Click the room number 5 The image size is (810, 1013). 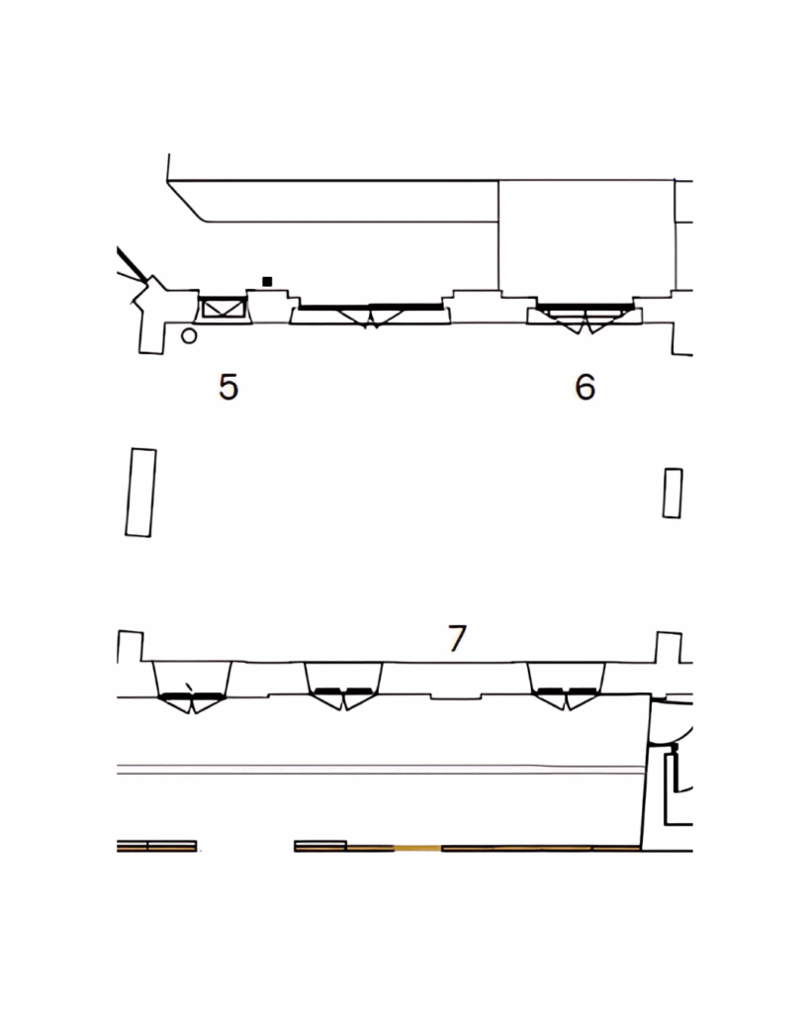pos(228,387)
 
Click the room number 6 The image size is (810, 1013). pos(585,387)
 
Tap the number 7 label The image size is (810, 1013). pos(457,638)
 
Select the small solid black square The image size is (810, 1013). pos(267,281)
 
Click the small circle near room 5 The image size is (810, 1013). pos(189,336)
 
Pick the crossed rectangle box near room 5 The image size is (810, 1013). pos(224,308)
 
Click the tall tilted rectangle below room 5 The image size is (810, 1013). pos(140,493)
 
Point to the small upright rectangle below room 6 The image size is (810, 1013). pos(673,493)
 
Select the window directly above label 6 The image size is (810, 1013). pos(585,317)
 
